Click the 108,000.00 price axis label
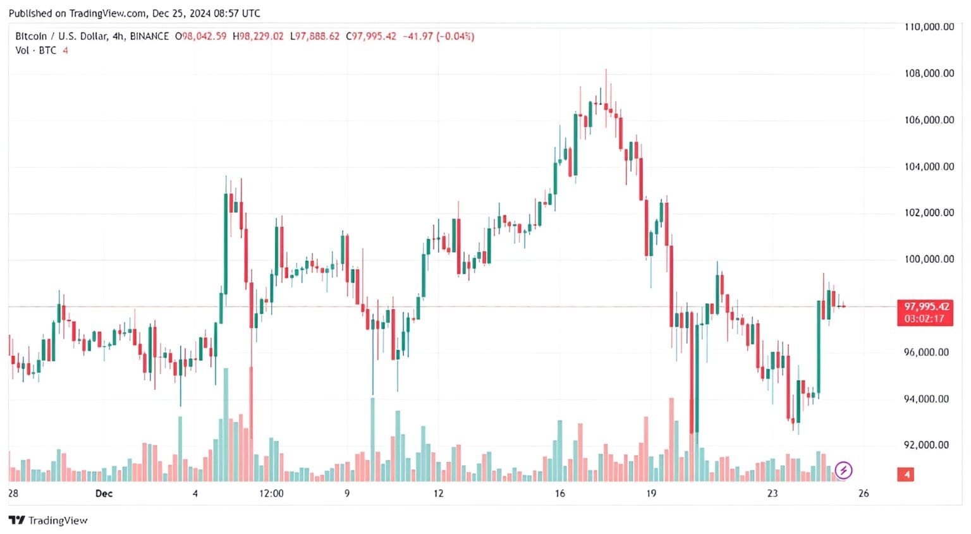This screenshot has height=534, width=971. [928, 73]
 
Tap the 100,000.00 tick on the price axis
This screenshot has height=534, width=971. [928, 259]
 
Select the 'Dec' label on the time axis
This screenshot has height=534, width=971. [104, 494]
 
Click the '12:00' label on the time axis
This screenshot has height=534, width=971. [271, 494]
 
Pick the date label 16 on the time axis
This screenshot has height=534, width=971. [559, 494]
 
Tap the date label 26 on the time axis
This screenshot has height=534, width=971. [863, 494]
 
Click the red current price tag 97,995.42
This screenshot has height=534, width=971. [926, 306]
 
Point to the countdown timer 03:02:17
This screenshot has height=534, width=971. [924, 319]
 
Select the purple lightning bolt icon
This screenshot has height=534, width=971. [843, 470]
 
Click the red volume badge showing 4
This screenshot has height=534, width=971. [907, 475]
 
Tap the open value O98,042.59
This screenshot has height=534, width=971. [200, 37]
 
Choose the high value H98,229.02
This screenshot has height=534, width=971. [258, 37]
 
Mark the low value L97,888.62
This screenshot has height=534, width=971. [314, 37]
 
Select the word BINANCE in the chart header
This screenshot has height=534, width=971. [149, 37]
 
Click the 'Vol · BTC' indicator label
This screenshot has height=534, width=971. [36, 51]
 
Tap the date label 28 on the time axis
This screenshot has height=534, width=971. [13, 494]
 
